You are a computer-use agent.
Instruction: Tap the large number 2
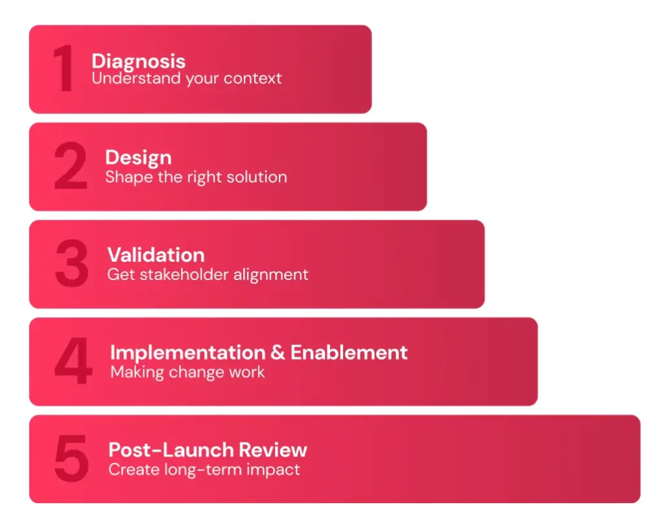(x=71, y=167)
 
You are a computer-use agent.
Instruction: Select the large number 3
(x=71, y=265)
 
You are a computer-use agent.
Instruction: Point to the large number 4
(x=73, y=362)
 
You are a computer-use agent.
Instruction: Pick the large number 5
(x=71, y=459)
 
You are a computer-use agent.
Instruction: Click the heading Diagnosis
(x=138, y=62)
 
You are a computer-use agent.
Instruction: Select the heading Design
(x=138, y=158)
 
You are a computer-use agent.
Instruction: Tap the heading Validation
(x=156, y=255)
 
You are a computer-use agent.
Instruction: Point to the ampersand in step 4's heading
(x=278, y=353)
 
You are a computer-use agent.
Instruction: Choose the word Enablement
(x=349, y=353)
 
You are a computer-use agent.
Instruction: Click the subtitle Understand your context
(x=187, y=78)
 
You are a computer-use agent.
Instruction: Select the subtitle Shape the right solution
(x=196, y=176)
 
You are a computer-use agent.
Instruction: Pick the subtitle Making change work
(x=187, y=372)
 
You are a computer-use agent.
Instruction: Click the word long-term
(x=209, y=469)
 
